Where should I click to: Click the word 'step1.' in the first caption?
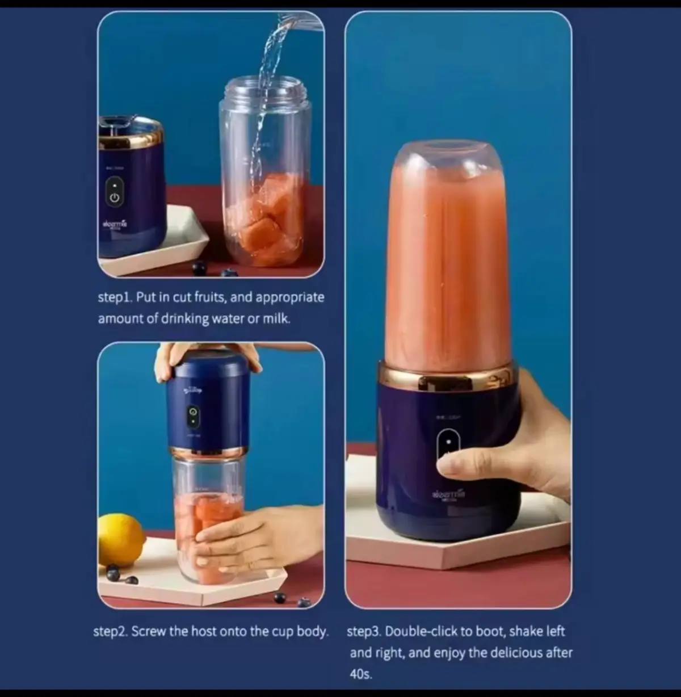115,297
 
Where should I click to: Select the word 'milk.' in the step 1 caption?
276,318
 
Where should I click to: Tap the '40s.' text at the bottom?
361,674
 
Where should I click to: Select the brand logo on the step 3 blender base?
448,495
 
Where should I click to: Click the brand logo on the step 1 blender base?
115,225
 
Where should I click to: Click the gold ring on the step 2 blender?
209,452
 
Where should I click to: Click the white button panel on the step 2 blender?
194,417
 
